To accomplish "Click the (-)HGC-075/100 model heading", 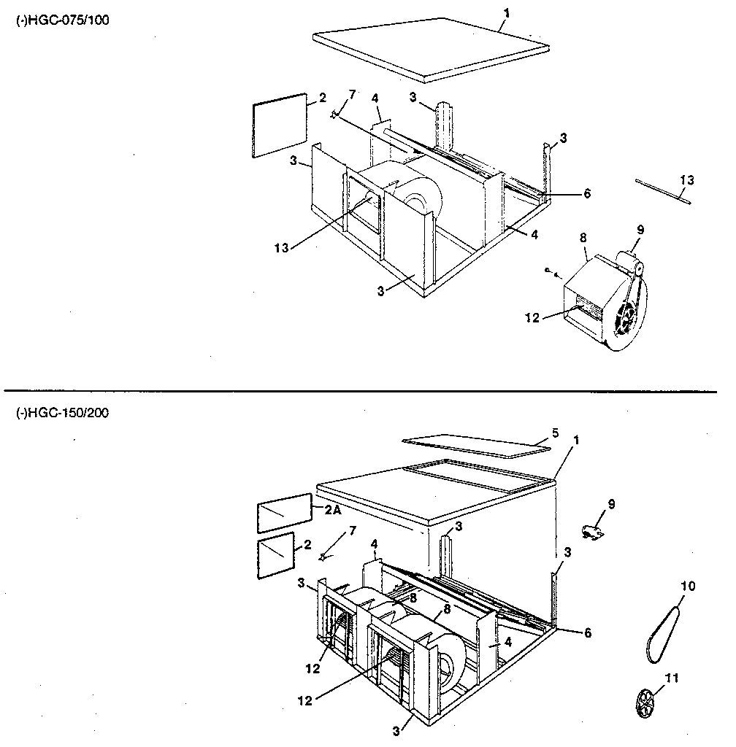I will [x=63, y=20].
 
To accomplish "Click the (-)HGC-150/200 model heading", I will [x=63, y=413].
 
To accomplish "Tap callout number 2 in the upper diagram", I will [x=322, y=98].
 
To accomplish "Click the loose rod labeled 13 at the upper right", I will [x=661, y=193].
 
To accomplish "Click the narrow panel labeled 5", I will [x=477, y=445].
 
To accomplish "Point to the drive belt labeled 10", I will [x=663, y=628].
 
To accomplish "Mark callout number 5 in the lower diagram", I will [x=555, y=432].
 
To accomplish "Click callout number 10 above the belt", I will [x=688, y=586].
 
